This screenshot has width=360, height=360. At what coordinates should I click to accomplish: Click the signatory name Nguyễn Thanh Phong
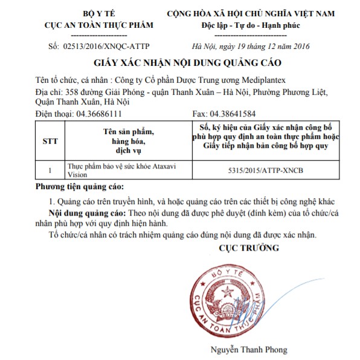(249, 350)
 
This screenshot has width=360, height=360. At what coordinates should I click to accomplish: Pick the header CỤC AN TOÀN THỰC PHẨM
(99, 25)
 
